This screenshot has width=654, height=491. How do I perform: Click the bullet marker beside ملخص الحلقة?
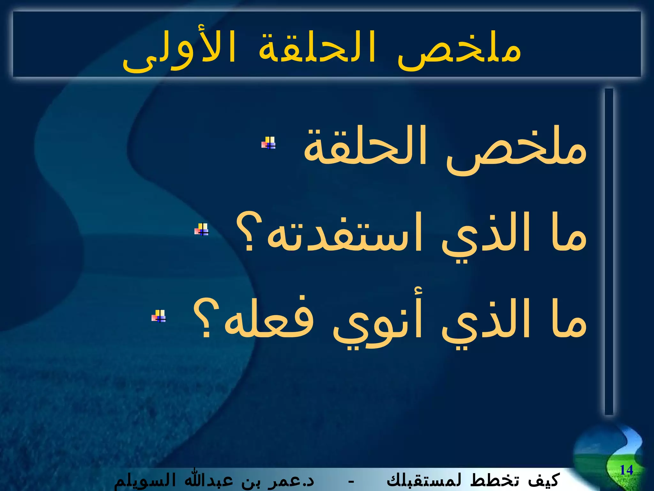click(269, 143)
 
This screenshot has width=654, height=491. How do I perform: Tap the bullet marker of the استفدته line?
click(202, 230)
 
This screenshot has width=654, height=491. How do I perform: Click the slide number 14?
click(626, 470)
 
